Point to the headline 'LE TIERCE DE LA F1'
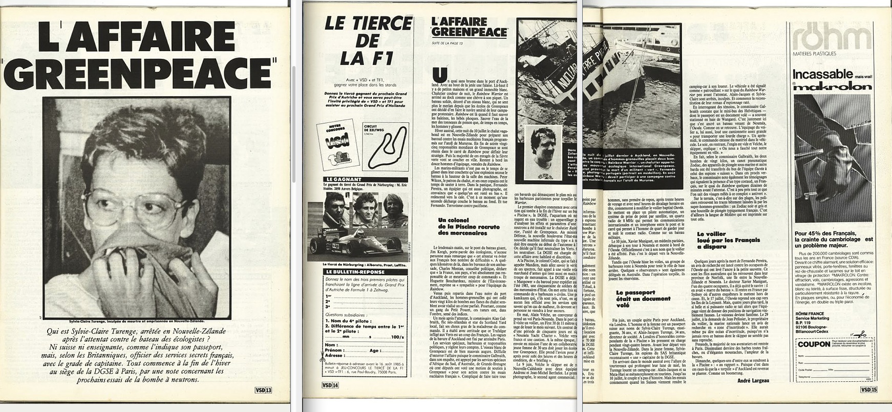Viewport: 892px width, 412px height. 369,41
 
